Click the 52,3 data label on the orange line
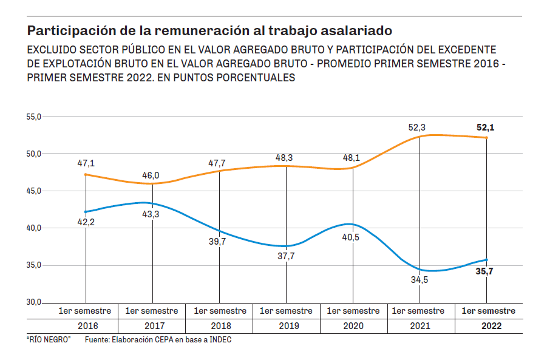click(x=417, y=127)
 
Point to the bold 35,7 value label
click(x=484, y=271)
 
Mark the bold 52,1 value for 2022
click(x=486, y=127)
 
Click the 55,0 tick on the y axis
click(x=33, y=117)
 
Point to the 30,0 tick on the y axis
click(x=33, y=302)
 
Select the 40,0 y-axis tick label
click(x=33, y=228)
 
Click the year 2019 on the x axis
click(x=286, y=325)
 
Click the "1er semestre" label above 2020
click(x=353, y=311)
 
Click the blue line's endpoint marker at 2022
click(x=486, y=260)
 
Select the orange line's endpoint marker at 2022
click(x=486, y=138)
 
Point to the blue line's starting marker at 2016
click(x=86, y=212)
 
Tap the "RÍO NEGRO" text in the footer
click(x=49, y=340)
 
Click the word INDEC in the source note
click(x=219, y=340)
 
